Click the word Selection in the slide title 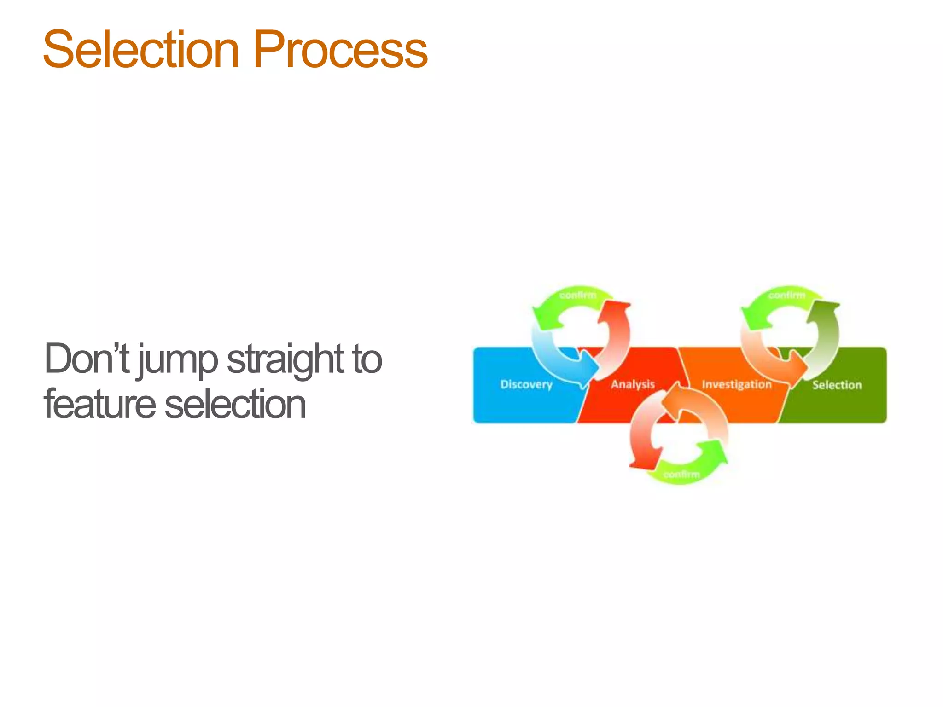140,50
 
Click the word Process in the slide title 340,50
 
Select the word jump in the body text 177,361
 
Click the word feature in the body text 99,404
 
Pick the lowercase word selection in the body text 235,404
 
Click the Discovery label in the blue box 526,384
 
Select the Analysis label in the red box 633,384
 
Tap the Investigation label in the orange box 736,384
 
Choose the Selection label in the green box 837,385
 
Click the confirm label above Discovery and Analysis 577,295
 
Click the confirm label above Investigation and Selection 786,295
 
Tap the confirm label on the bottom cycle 681,474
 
